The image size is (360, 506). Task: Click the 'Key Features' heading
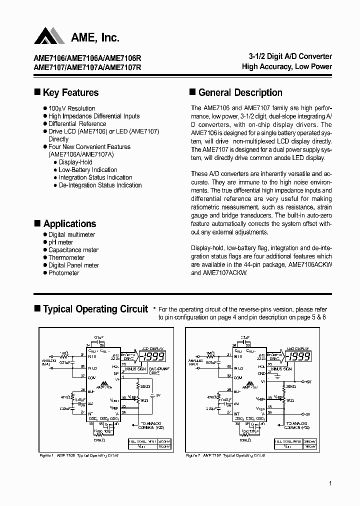point(70,92)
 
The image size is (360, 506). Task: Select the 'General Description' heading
point(240,92)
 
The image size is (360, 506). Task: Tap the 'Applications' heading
point(69,223)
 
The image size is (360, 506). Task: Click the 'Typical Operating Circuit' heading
point(95,309)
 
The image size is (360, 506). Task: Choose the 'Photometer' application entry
point(63,273)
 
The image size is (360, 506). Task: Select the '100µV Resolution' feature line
point(71,108)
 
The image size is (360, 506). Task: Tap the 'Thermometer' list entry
point(66,257)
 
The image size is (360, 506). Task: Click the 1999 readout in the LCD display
point(152,357)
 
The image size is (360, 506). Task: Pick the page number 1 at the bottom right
point(331,483)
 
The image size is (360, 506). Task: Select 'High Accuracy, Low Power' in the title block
point(287,66)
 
